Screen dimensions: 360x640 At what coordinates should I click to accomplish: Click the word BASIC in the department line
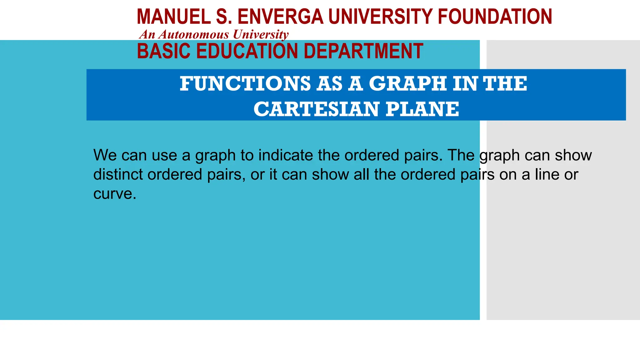point(163,51)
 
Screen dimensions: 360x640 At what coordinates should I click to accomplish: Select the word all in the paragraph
point(362,174)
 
